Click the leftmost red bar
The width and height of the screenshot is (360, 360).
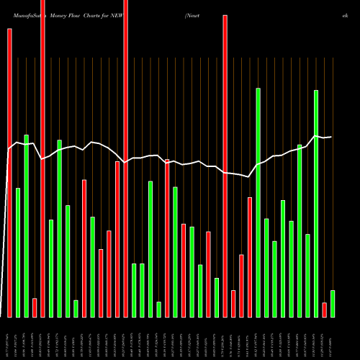coord(9,173)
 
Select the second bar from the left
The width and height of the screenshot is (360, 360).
coord(18,252)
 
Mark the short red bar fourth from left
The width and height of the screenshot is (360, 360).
coord(35,307)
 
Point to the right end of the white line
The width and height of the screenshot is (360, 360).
coord(331,137)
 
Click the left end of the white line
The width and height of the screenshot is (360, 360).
coord(9,149)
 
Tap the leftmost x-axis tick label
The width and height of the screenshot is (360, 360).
coord(9,338)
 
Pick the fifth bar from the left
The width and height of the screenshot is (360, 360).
coord(42,158)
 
